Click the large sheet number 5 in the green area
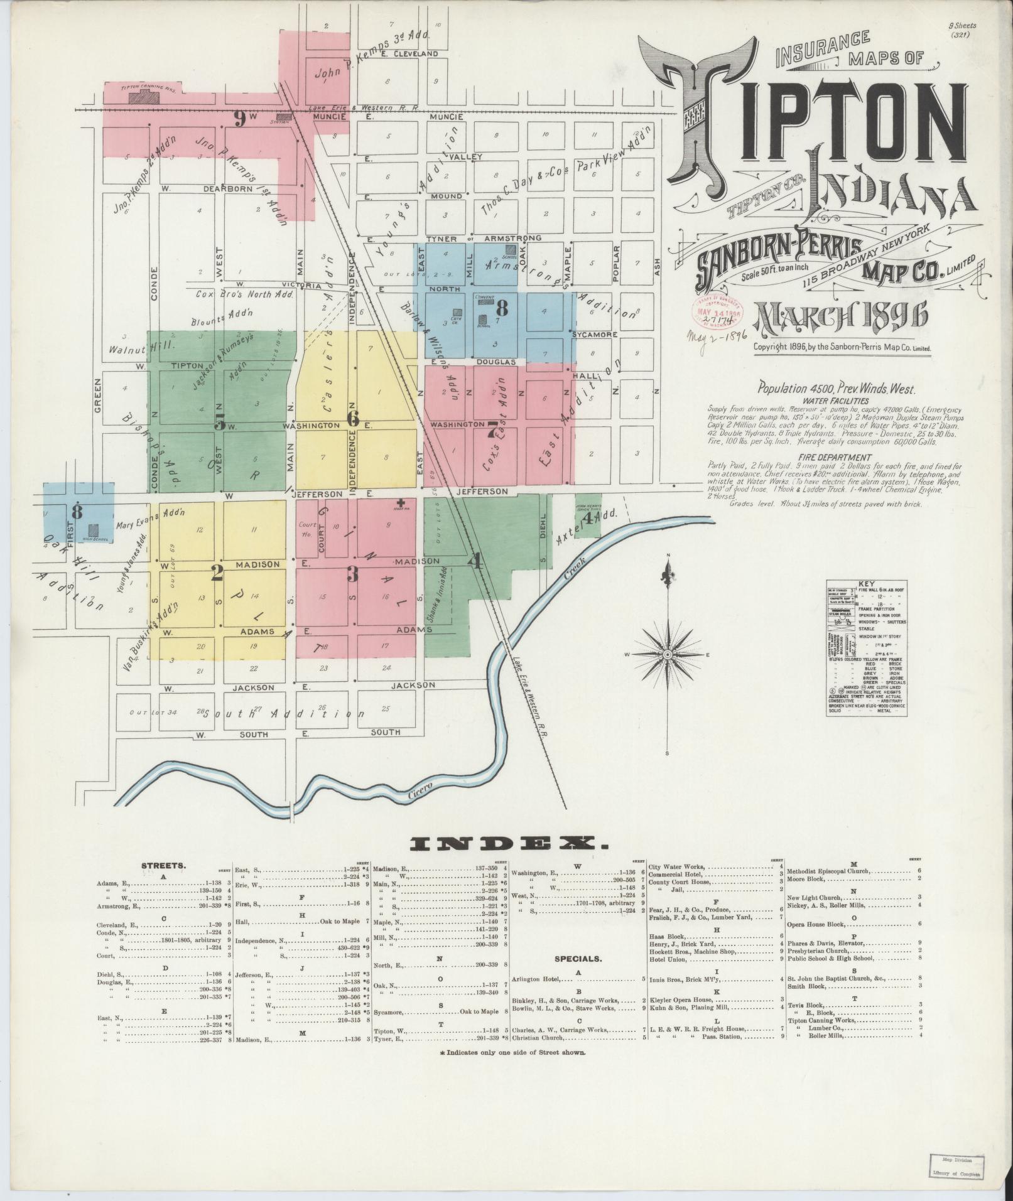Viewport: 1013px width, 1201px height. [x=219, y=421]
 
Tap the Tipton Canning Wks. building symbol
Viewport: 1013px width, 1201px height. [x=144, y=97]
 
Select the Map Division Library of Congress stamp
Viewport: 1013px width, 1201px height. [x=954, y=1167]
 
